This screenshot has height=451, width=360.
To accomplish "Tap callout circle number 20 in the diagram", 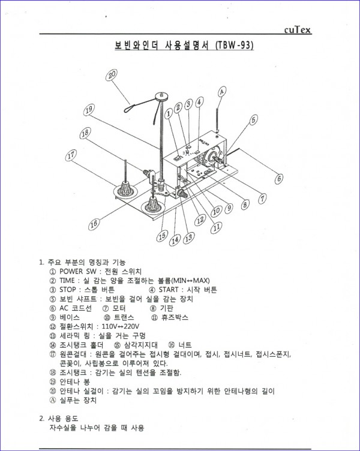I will tap(112, 76).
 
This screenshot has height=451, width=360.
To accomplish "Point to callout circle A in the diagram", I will tap(221, 92).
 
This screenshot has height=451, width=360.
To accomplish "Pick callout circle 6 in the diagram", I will tap(279, 178).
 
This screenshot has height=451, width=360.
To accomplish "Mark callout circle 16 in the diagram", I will tap(94, 224).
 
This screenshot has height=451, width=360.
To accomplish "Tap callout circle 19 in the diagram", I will tap(89, 110).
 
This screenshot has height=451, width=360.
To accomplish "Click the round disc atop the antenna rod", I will tap(160, 95).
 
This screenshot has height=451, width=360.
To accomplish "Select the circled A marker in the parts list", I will tap(53, 400).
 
